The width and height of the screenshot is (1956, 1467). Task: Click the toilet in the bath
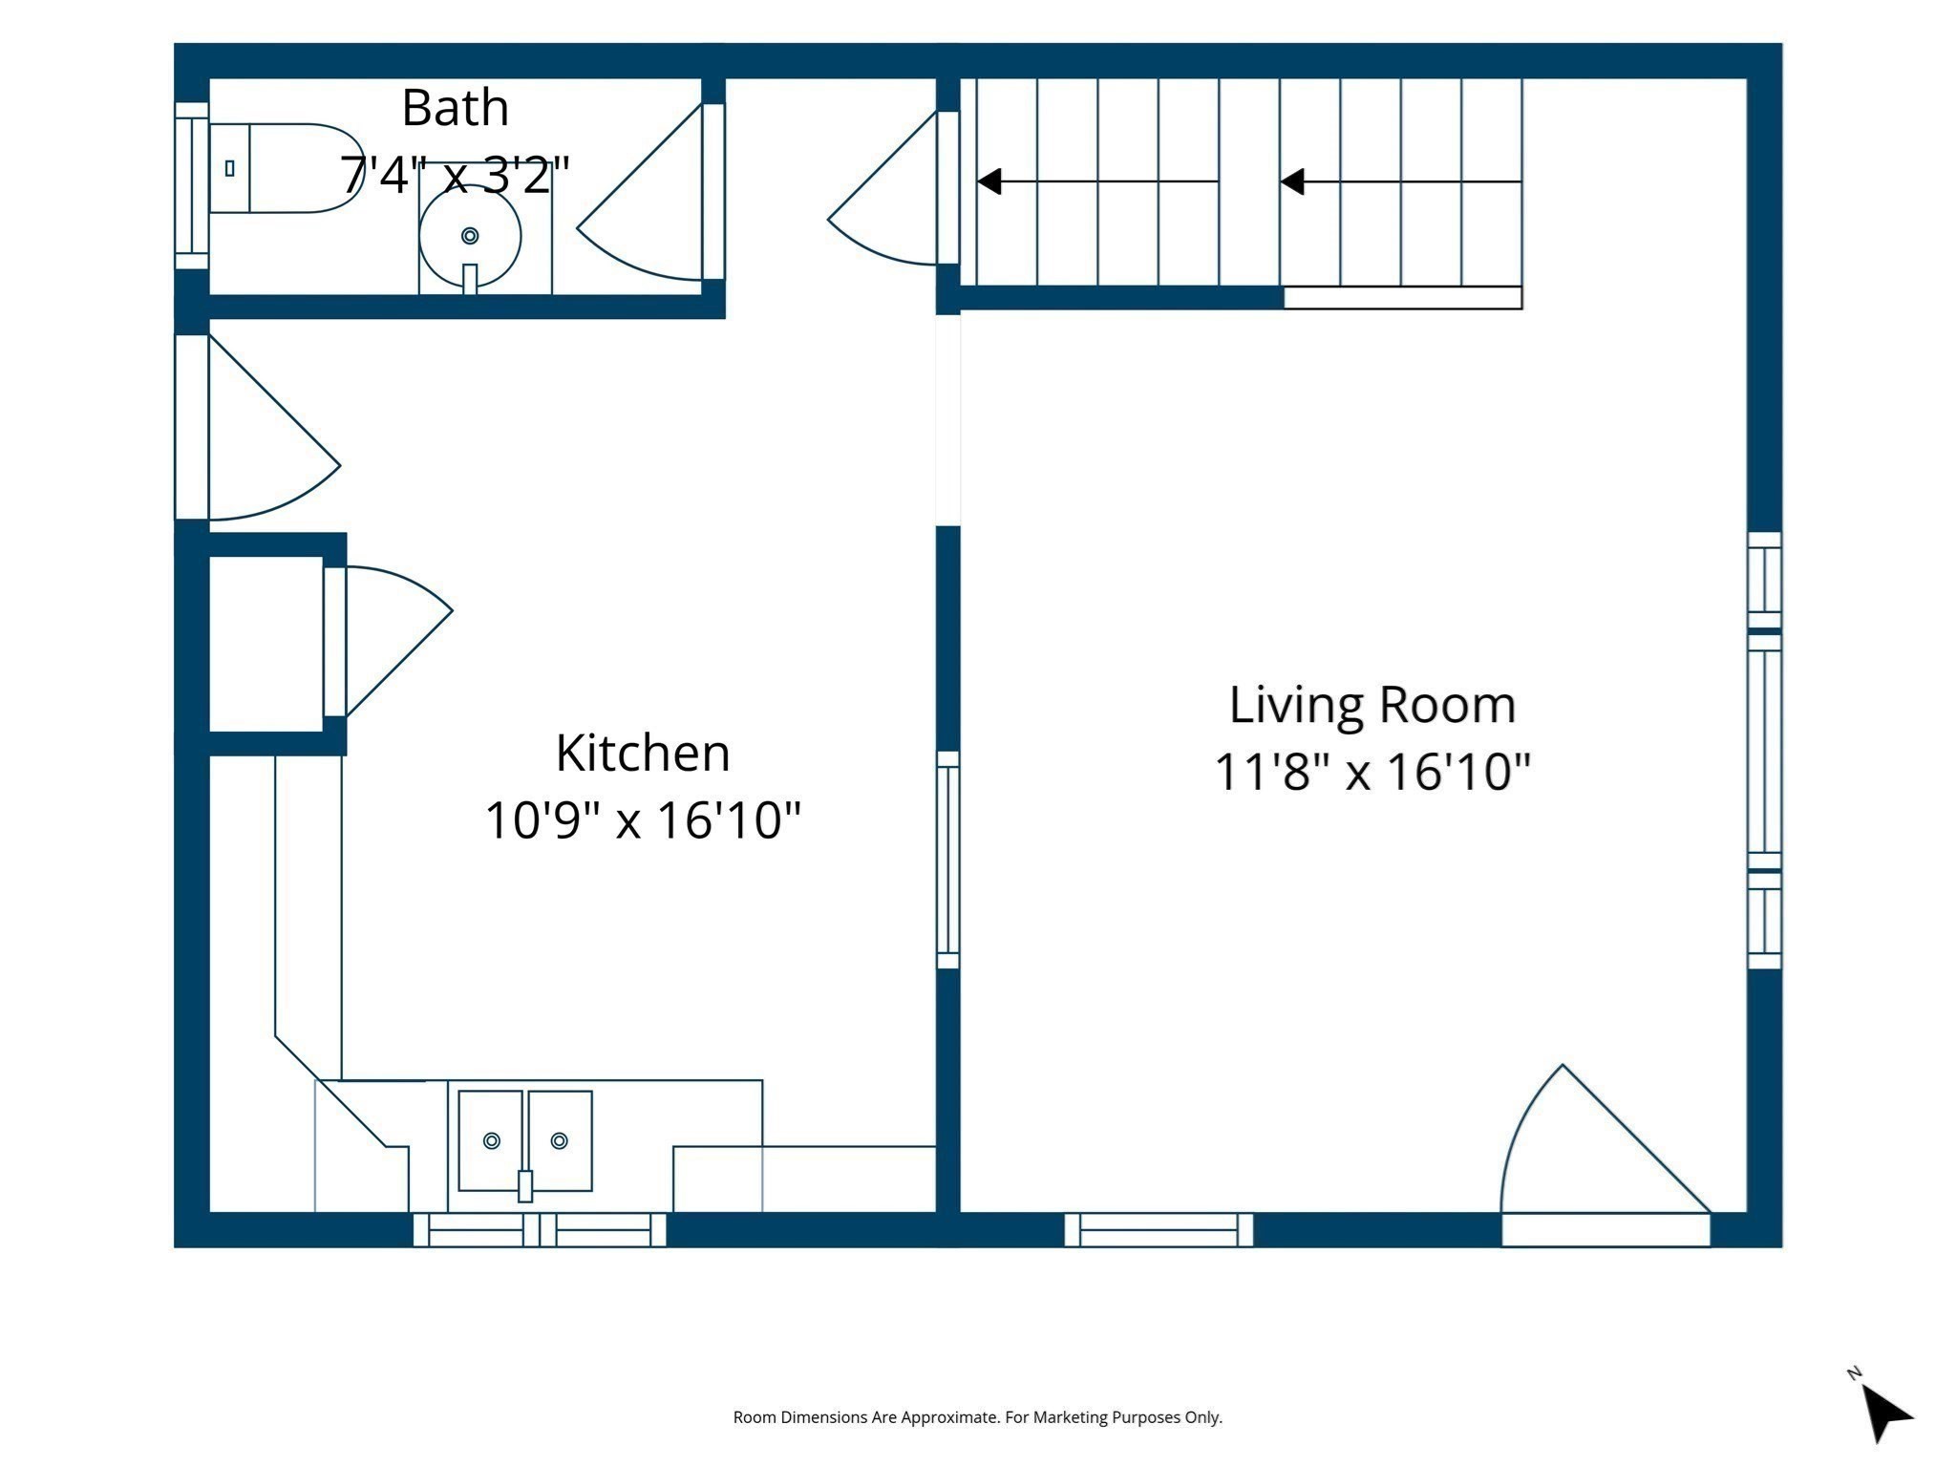coord(287,168)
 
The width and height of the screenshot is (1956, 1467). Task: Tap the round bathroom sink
coord(470,235)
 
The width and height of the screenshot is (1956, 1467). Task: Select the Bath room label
coord(455,107)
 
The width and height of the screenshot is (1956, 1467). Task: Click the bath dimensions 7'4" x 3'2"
coord(455,175)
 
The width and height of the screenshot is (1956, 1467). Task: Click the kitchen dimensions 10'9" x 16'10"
coord(643,819)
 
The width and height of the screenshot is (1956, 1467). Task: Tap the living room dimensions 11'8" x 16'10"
coord(1372,772)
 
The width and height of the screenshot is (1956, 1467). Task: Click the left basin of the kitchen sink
coord(491,1140)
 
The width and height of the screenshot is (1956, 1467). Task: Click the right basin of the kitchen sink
coord(561,1140)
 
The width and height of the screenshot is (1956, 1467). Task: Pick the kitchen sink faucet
coord(524,1185)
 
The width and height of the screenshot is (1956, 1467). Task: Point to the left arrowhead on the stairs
coord(989,181)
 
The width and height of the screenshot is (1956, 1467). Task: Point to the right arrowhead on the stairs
coord(1292,181)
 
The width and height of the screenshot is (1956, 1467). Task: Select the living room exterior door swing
coord(1585,1146)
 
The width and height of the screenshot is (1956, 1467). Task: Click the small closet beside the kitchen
coord(266,644)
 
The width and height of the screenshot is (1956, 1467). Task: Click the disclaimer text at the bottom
coord(977,1417)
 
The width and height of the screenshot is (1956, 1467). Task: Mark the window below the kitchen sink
coord(540,1229)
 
